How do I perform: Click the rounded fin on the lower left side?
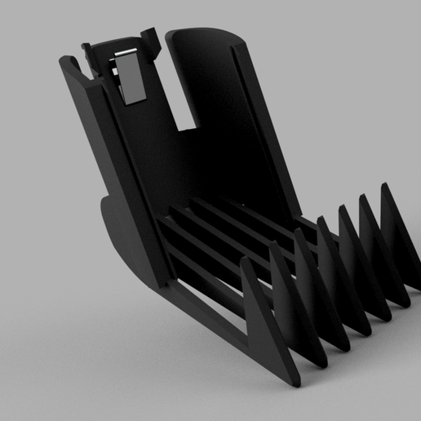[x=114, y=237]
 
